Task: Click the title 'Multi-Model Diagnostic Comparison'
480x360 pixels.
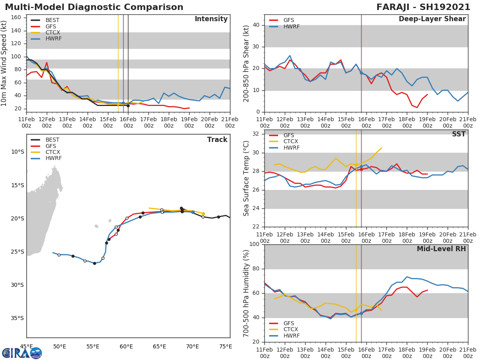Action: point(94,7)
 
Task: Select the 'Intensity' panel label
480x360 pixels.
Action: point(211,19)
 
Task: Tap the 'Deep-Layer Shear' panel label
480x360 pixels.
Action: point(432,19)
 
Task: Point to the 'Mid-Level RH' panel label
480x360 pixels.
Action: point(441,249)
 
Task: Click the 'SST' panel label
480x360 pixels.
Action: point(458,134)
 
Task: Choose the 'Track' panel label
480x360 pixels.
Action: point(217,140)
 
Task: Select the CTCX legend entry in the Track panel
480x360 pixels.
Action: point(53,152)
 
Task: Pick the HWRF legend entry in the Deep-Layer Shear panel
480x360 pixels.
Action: point(291,26)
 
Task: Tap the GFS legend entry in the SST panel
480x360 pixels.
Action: point(289,135)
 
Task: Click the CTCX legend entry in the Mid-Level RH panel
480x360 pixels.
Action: point(291,330)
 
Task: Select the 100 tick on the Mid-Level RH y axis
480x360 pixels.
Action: point(253,244)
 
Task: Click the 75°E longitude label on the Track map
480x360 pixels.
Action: point(226,346)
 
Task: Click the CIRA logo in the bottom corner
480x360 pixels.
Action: point(22,353)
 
